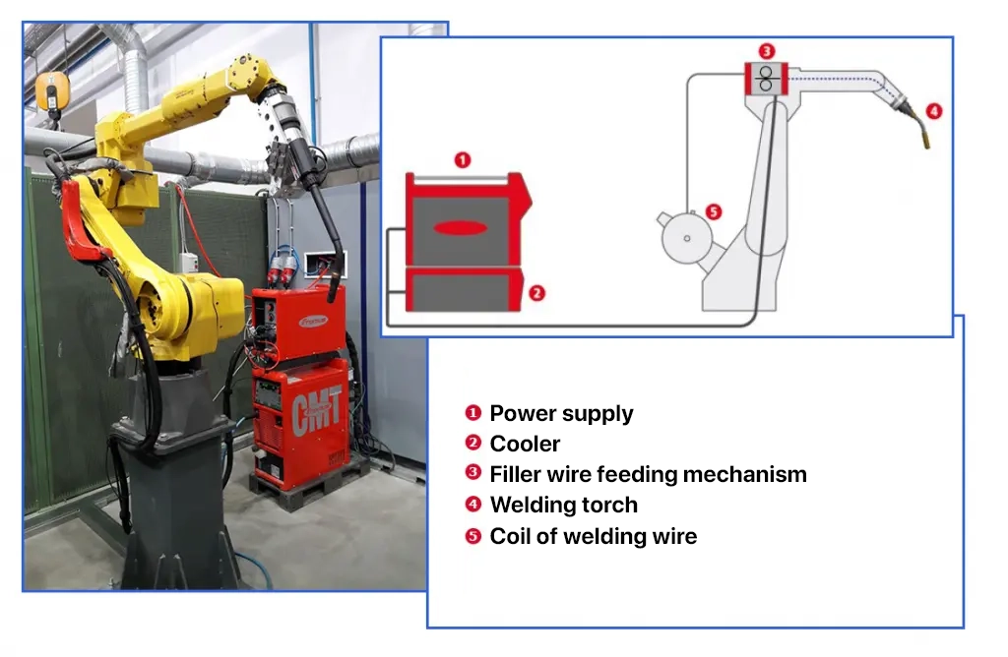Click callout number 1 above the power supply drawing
(463, 160)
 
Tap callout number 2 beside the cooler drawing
(536, 293)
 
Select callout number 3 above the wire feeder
(766, 51)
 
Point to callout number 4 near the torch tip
(934, 111)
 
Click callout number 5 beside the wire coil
(714, 211)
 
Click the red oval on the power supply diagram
(461, 227)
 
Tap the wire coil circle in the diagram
(686, 238)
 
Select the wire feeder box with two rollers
(766, 79)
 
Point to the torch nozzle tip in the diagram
(925, 142)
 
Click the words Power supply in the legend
(561, 413)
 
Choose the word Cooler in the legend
(525, 444)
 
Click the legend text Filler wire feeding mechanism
(648, 474)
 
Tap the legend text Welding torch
(564, 505)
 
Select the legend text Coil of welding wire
(594, 536)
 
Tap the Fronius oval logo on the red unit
(314, 320)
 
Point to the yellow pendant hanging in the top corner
(52, 92)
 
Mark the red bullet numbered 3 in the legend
(473, 473)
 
